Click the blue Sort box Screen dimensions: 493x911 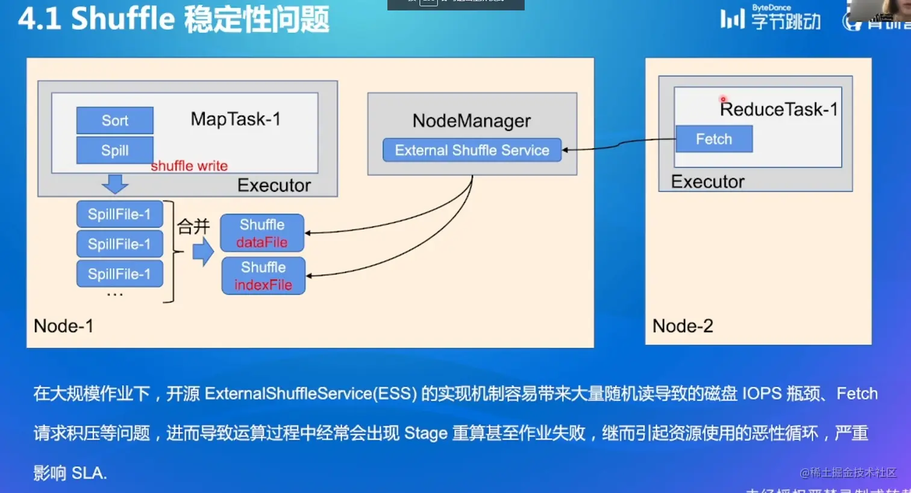[114, 121]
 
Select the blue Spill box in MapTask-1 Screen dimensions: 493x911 [114, 150]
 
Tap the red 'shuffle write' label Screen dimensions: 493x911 [189, 166]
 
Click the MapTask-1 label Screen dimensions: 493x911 [236, 119]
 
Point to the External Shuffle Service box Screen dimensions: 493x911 [472, 150]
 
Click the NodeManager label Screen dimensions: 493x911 [471, 121]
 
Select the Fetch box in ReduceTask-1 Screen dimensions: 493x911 [714, 139]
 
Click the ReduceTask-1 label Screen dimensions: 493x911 [778, 109]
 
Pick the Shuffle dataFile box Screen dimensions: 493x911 [262, 233]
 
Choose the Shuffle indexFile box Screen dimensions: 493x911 [263, 276]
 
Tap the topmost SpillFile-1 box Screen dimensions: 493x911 [119, 214]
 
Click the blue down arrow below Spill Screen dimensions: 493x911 [114, 183]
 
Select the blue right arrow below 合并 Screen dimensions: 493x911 [204, 251]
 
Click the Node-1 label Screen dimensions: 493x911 [63, 326]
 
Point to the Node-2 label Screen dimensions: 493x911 [683, 326]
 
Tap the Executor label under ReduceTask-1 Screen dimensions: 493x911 [707, 181]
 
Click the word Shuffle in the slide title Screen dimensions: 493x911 [123, 19]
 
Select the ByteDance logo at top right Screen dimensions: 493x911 [771, 18]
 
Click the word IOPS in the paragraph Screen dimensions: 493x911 [762, 394]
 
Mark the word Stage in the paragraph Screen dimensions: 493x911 [425, 433]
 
